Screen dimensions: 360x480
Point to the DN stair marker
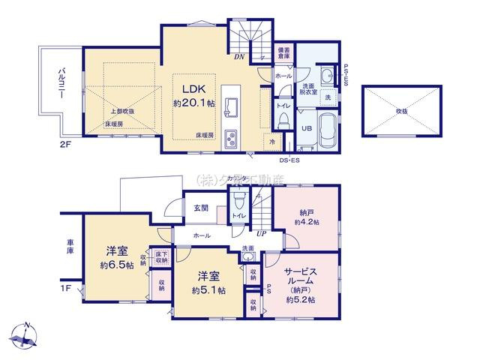(239, 56)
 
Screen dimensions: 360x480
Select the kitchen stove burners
(231, 138)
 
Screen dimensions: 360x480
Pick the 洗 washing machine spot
(328, 97)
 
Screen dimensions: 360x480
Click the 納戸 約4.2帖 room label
(305, 217)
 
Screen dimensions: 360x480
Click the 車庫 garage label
(70, 247)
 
